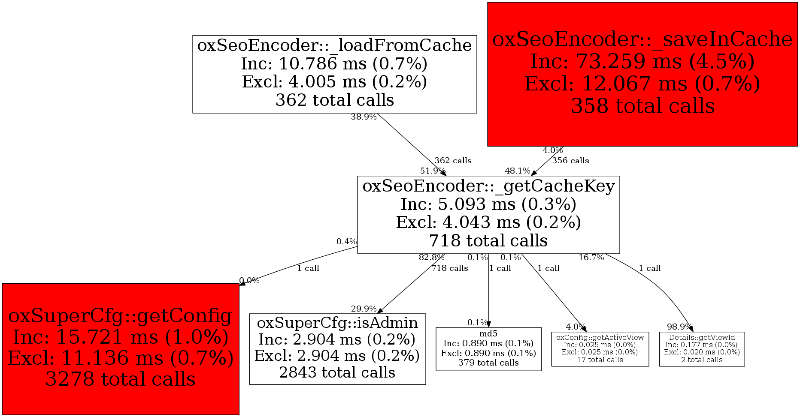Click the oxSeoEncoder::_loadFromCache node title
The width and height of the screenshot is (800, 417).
click(x=334, y=45)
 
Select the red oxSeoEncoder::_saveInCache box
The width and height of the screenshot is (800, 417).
click(x=642, y=74)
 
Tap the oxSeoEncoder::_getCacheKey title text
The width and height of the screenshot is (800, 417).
click(x=488, y=186)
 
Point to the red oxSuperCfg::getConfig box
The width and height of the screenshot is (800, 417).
click(x=121, y=348)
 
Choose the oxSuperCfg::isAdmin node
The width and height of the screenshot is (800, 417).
click(x=337, y=348)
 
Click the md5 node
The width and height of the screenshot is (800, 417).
click(x=488, y=348)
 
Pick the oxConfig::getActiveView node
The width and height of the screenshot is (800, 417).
click(x=600, y=348)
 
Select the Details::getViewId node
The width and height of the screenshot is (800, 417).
click(x=702, y=348)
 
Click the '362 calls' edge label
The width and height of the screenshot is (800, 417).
click(x=453, y=161)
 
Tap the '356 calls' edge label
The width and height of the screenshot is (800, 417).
click(x=570, y=161)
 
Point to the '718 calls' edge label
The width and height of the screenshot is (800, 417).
click(x=450, y=268)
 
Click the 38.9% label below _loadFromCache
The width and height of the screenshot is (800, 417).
click(x=364, y=117)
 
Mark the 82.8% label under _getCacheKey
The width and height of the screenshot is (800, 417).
click(x=431, y=258)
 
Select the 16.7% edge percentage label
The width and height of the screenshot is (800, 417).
click(x=591, y=258)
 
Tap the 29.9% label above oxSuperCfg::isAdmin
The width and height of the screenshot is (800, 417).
click(x=364, y=309)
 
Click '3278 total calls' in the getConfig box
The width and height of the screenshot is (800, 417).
click(x=121, y=379)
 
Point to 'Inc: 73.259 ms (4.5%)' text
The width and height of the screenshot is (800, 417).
click(x=642, y=62)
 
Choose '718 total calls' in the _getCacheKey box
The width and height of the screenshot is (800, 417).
click(x=488, y=241)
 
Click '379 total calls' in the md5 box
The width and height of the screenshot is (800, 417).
click(x=488, y=363)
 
